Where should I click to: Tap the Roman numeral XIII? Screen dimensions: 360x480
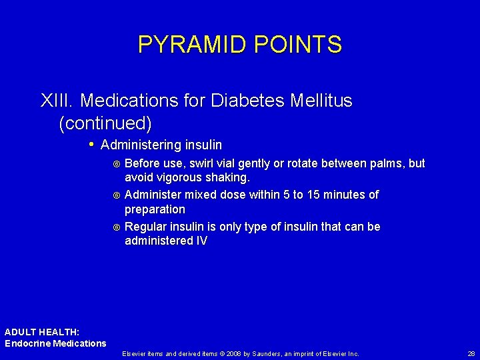(57, 101)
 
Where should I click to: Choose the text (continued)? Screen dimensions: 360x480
(105, 123)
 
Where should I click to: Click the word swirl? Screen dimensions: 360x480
(201, 163)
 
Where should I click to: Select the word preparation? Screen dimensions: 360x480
(155, 209)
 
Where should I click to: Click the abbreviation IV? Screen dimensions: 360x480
(201, 241)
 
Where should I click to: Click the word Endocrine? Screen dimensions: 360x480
(28, 343)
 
